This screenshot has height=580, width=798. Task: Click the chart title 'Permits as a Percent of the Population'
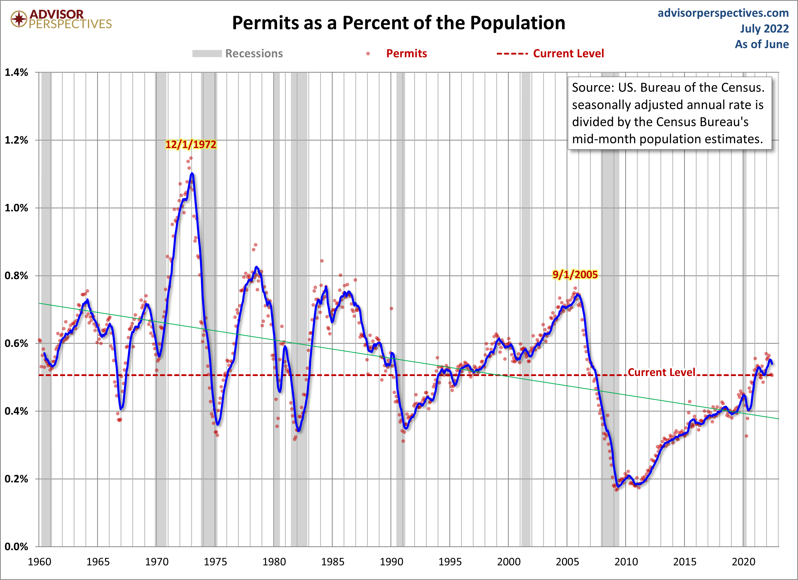pyautogui.click(x=398, y=23)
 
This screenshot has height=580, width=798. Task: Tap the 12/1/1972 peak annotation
pyautogui.click(x=191, y=144)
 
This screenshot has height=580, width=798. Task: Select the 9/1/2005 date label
pyautogui.click(x=575, y=275)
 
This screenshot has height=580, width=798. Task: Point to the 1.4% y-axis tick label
pyautogui.click(x=16, y=72)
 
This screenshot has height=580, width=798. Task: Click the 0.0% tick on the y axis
pyautogui.click(x=16, y=547)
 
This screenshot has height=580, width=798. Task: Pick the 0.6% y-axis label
pyautogui.click(x=16, y=343)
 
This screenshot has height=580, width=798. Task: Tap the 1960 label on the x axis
pyautogui.click(x=40, y=562)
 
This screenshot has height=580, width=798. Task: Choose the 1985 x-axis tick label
pyautogui.click(x=333, y=562)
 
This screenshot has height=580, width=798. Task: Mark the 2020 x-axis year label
pyautogui.click(x=743, y=562)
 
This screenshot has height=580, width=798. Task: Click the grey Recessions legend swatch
pyautogui.click(x=207, y=54)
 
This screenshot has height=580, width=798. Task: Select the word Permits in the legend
pyautogui.click(x=406, y=54)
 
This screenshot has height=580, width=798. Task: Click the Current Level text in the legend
pyautogui.click(x=568, y=54)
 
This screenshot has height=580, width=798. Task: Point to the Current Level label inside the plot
pyautogui.click(x=661, y=372)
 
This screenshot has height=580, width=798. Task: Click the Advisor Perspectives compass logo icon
pyautogui.click(x=19, y=19)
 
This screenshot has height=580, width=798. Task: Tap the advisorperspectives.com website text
pyautogui.click(x=723, y=13)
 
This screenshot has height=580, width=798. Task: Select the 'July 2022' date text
pyautogui.click(x=764, y=29)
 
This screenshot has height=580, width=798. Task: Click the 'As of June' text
pyautogui.click(x=762, y=44)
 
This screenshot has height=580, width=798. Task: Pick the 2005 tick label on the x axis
pyautogui.click(x=567, y=562)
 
